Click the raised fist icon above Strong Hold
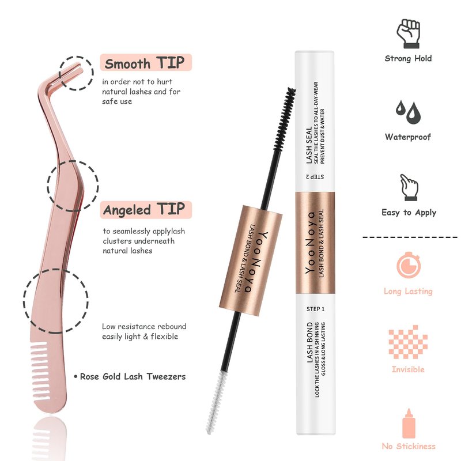[x=409, y=33]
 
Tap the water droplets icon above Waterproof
[x=408, y=112]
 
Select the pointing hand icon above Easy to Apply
[x=409, y=187]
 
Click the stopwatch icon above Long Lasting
[x=409, y=265]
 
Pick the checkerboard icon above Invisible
[x=408, y=342]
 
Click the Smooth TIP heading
[x=145, y=63]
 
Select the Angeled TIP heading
[x=144, y=210]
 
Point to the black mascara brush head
[x=284, y=119]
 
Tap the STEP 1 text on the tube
[x=315, y=309]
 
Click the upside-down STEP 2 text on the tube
[x=315, y=177]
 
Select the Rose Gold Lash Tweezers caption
[x=130, y=377]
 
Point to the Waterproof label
[x=408, y=137]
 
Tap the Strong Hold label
[x=408, y=58]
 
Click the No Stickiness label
[x=409, y=446]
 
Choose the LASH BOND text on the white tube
[x=310, y=342]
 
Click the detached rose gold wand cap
[x=251, y=260]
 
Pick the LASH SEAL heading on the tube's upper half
[x=309, y=145]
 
